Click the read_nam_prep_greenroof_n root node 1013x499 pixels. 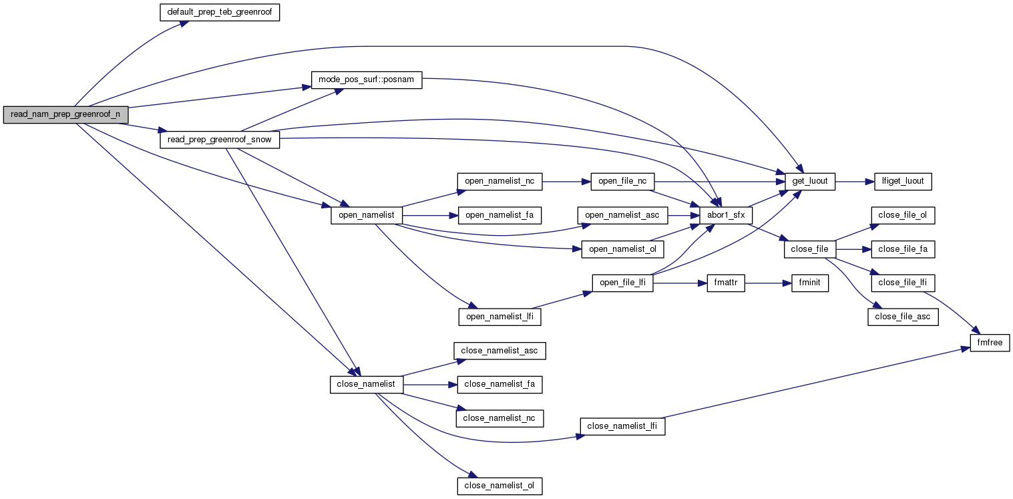65,114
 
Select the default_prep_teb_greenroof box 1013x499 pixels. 219,13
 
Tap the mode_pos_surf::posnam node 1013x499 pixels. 367,79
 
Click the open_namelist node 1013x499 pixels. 367,215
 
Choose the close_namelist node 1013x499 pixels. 366,384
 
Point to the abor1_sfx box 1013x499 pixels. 726,215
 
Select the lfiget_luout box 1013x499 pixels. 903,181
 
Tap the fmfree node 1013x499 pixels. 990,343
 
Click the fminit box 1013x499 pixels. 809,283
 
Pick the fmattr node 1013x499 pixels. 725,283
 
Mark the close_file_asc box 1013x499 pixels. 903,317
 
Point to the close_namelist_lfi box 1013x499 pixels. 622,426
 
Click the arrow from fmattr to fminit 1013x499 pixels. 767,283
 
